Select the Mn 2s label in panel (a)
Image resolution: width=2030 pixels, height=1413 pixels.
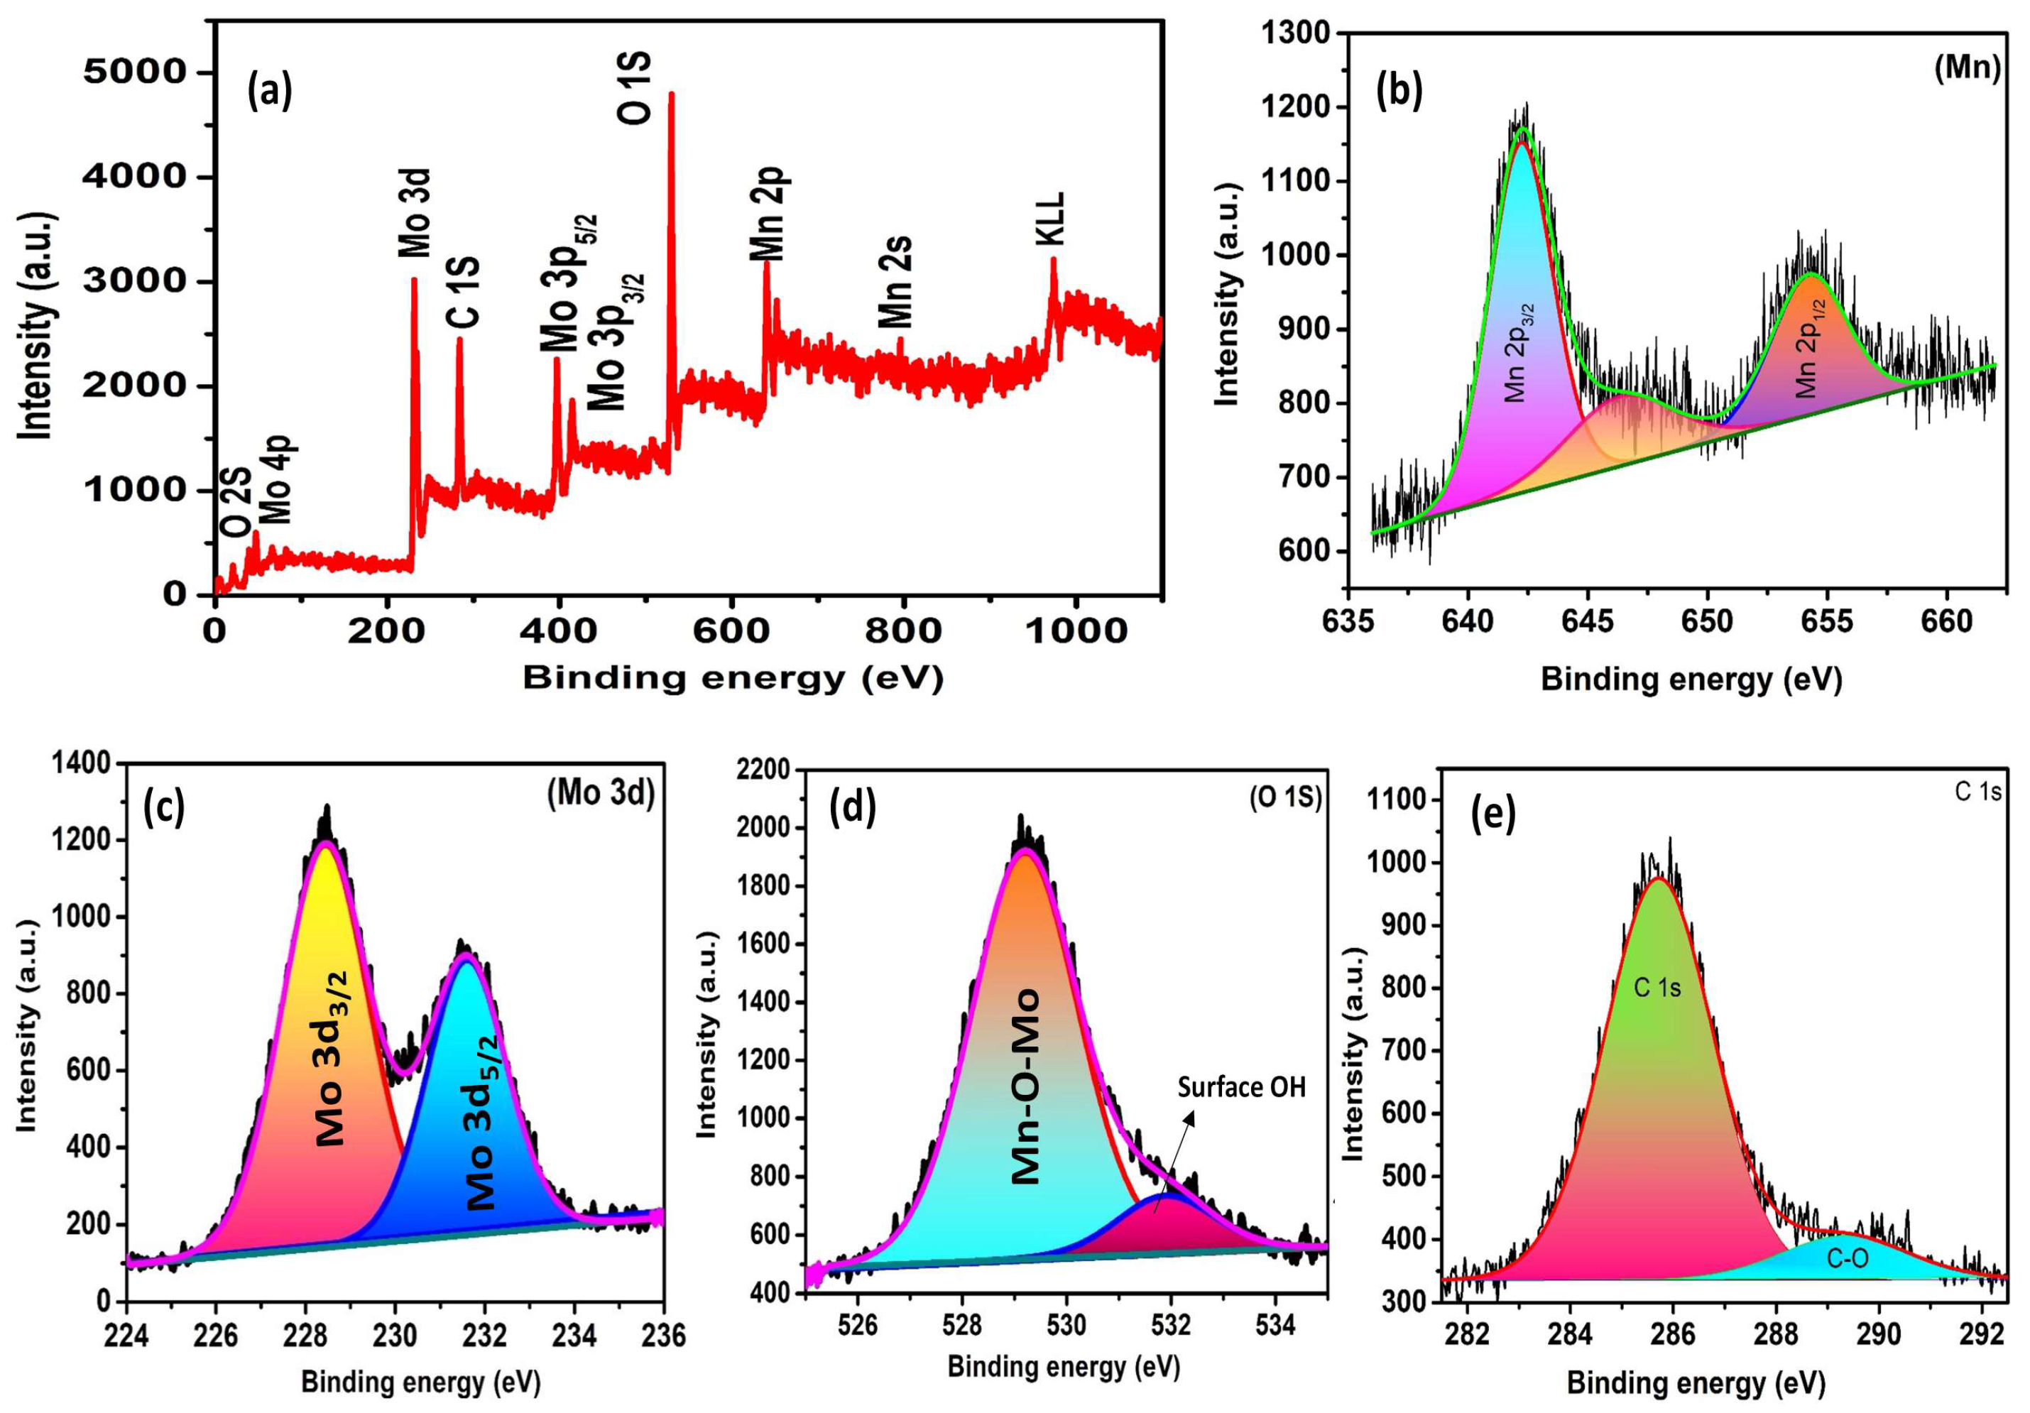pos(895,281)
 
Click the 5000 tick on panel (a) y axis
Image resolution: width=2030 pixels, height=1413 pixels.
pos(136,72)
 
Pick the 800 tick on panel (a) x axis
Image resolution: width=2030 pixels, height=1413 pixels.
pos(902,631)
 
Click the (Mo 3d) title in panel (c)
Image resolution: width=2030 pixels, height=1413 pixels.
pos(600,795)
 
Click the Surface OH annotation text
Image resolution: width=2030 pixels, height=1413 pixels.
pos(1241,1086)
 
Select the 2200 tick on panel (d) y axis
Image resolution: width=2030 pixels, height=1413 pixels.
pos(763,770)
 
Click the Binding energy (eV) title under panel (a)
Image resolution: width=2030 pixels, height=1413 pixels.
pos(733,678)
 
